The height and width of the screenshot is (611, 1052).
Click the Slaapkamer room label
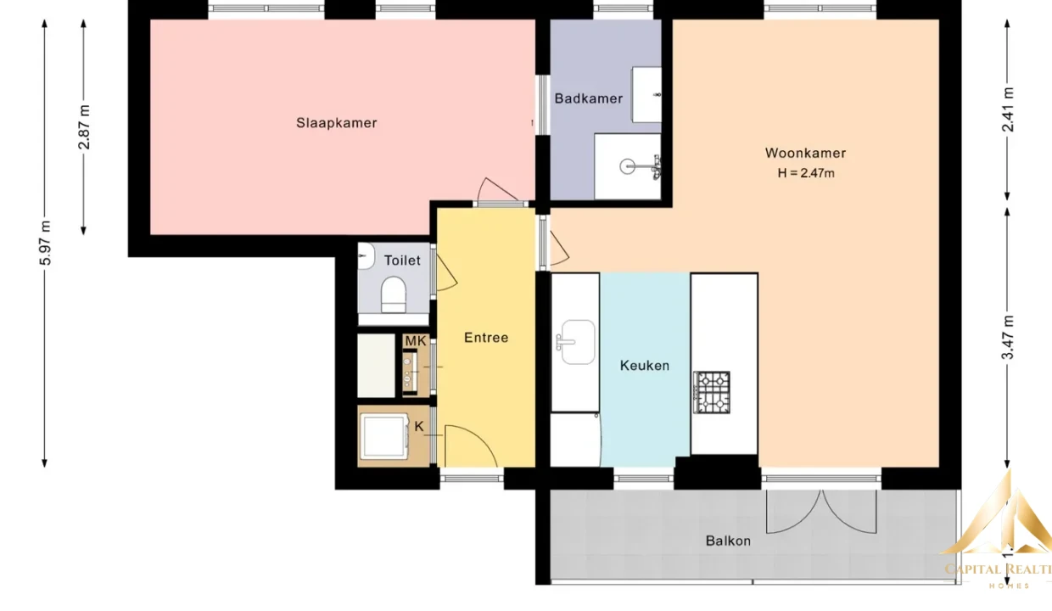point(336,123)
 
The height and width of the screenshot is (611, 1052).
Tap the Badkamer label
point(589,98)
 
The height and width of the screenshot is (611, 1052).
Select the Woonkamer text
point(805,153)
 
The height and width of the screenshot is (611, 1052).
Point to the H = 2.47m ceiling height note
point(806,173)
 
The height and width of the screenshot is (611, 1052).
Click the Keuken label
point(645,366)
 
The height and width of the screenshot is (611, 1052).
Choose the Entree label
point(486,338)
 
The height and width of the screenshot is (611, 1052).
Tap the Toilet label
point(402,261)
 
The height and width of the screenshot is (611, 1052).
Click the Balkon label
point(728,541)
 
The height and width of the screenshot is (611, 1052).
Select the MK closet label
point(415,341)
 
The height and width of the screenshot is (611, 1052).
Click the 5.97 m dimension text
point(45,243)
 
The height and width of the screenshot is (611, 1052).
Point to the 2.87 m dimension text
point(84,127)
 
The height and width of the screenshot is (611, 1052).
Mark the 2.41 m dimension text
point(1007,110)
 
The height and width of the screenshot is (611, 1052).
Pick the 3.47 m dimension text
point(1007,338)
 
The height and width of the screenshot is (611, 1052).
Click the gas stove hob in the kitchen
point(712,393)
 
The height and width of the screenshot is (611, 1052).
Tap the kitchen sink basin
point(578,342)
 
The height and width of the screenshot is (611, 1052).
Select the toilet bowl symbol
point(393,295)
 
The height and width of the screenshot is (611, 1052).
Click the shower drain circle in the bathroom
point(627,166)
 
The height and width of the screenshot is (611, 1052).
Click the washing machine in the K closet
point(384,436)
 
